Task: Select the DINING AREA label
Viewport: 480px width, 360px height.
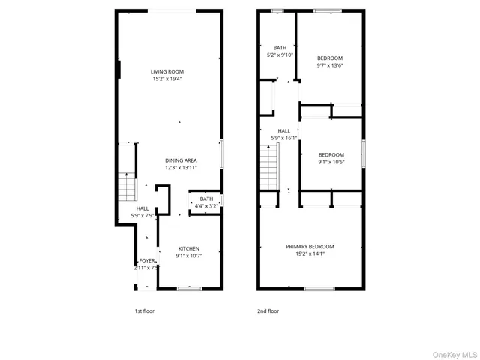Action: coord(181,160)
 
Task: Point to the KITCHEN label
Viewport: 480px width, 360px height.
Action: coord(188,248)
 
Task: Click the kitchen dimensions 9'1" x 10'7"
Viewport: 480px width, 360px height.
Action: coord(188,255)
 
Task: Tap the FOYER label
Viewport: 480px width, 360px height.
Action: coord(146,260)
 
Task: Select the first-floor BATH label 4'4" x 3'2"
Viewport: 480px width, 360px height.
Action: coord(206,199)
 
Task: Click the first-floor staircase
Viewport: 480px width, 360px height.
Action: coord(125,184)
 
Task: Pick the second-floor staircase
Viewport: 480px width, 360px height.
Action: coord(268,168)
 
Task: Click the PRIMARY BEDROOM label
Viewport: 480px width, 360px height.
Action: coord(310,246)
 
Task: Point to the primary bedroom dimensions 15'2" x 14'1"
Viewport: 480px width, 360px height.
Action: coord(310,253)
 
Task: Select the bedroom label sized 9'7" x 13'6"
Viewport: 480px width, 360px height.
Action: coord(329,58)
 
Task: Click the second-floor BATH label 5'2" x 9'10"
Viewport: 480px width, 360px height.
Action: coord(280,47)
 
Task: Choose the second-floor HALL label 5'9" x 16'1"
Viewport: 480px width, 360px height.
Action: coord(283,130)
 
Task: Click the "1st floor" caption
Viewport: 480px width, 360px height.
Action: coord(144,310)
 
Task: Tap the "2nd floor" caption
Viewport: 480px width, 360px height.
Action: coord(268,310)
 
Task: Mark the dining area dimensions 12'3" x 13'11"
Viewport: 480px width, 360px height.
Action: coord(181,168)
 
